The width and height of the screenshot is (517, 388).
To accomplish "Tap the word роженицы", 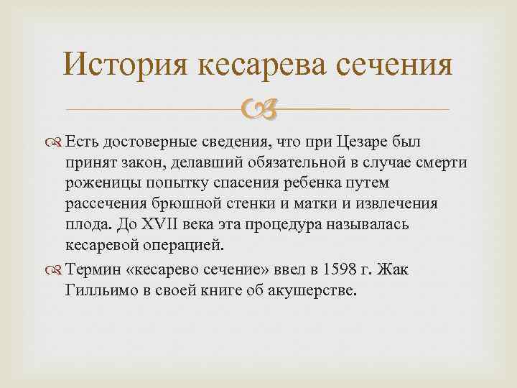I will pos(103,184).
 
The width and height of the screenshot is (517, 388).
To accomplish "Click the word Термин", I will pos(94,269).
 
